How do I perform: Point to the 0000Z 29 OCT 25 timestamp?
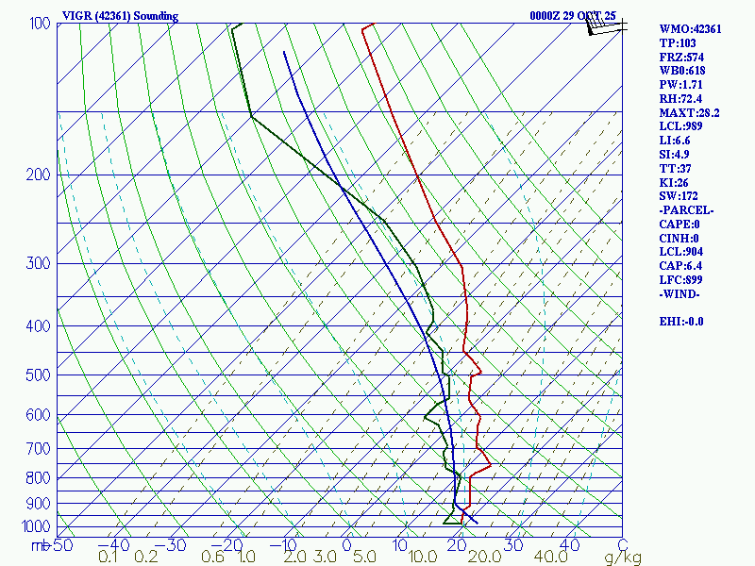(x=573, y=16)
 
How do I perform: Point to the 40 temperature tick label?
(x=570, y=544)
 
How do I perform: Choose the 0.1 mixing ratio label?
(x=109, y=558)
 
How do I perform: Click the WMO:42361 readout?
(x=690, y=29)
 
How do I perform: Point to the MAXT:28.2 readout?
(x=689, y=112)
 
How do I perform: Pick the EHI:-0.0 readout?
(x=681, y=321)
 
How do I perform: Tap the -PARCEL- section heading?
(x=686, y=209)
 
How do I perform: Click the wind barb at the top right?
(x=604, y=26)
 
